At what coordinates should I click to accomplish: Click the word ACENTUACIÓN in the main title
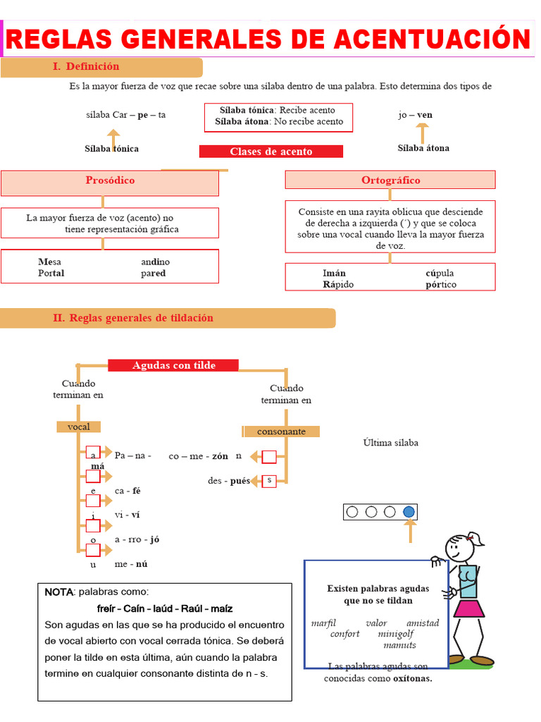(x=433, y=39)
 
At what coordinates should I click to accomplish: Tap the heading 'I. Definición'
(x=85, y=66)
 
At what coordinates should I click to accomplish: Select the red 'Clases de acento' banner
(x=271, y=152)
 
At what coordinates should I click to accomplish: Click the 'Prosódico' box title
(x=110, y=180)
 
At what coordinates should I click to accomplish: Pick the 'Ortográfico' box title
(x=390, y=180)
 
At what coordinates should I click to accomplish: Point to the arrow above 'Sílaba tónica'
(x=113, y=139)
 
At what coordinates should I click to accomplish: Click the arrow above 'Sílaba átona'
(x=423, y=134)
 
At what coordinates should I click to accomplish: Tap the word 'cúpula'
(x=440, y=273)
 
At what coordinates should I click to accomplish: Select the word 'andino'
(x=156, y=262)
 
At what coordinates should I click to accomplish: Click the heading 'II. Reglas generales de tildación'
(x=133, y=318)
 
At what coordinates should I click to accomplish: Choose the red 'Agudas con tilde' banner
(x=173, y=365)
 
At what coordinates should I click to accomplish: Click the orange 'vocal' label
(x=79, y=427)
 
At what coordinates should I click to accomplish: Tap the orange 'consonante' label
(x=281, y=432)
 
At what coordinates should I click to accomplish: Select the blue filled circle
(x=409, y=512)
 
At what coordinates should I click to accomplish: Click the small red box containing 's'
(x=269, y=481)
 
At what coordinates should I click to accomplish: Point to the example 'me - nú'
(x=131, y=564)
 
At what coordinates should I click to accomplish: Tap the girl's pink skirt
(x=468, y=608)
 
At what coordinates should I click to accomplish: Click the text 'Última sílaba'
(x=390, y=443)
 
